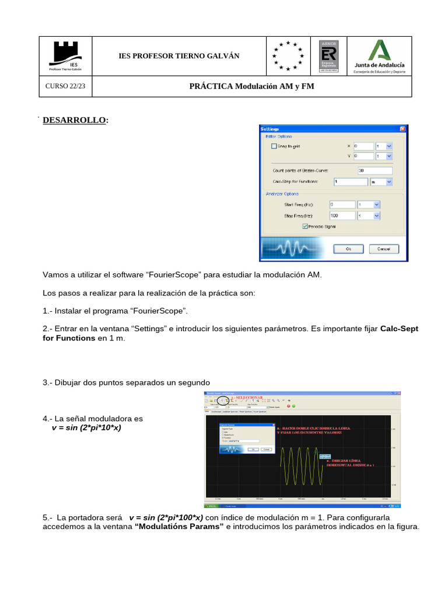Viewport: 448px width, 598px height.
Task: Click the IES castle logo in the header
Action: [x=65, y=53]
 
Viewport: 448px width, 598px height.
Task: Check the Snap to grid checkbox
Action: [x=275, y=147]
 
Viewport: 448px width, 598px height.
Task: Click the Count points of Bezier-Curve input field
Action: [x=375, y=171]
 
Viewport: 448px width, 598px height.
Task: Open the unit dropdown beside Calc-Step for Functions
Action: [x=381, y=182]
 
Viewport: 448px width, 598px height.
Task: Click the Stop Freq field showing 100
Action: [x=342, y=215]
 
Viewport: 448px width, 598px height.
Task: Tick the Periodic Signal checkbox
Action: [x=305, y=227]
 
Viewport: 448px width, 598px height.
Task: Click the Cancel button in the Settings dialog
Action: [x=383, y=249]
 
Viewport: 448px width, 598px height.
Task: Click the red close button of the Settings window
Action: [x=402, y=128]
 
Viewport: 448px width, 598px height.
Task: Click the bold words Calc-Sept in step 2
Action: [x=399, y=329]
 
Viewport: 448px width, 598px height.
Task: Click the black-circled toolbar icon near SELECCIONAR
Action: [x=222, y=401]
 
